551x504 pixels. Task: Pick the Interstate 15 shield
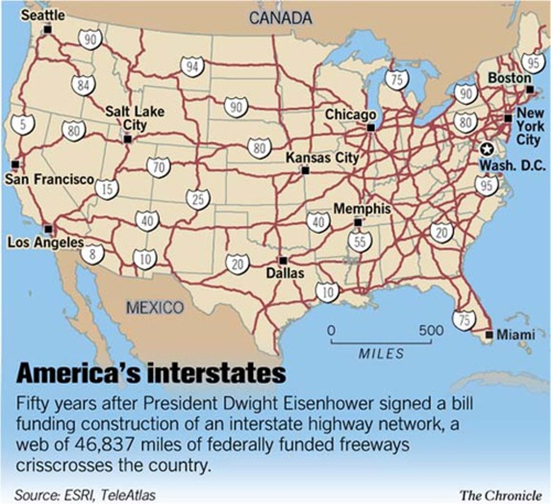[107, 189]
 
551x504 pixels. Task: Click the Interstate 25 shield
[198, 199]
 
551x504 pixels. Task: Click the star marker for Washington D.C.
[486, 148]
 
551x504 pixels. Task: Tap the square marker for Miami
[489, 335]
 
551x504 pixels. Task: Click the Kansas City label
[322, 158]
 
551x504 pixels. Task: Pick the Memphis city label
[362, 209]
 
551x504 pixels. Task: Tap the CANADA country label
[281, 18]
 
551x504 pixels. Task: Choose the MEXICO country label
[155, 307]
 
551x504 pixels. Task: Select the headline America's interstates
[151, 373]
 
